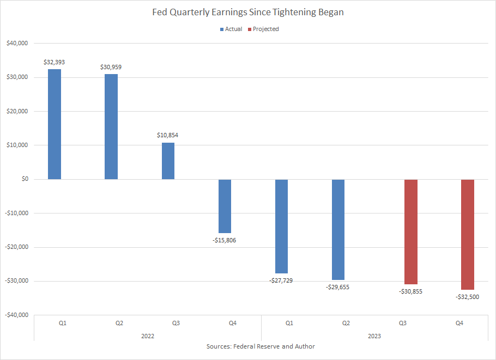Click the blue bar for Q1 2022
55,124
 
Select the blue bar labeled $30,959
111,126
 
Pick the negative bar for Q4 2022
225,206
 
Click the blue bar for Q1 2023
281,226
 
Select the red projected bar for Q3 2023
411,231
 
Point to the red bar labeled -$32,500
468,234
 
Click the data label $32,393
55,62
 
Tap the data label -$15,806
225,240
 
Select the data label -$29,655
337,286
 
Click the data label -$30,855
411,291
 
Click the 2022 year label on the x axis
148,336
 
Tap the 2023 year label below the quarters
374,336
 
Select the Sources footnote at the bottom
261,347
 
